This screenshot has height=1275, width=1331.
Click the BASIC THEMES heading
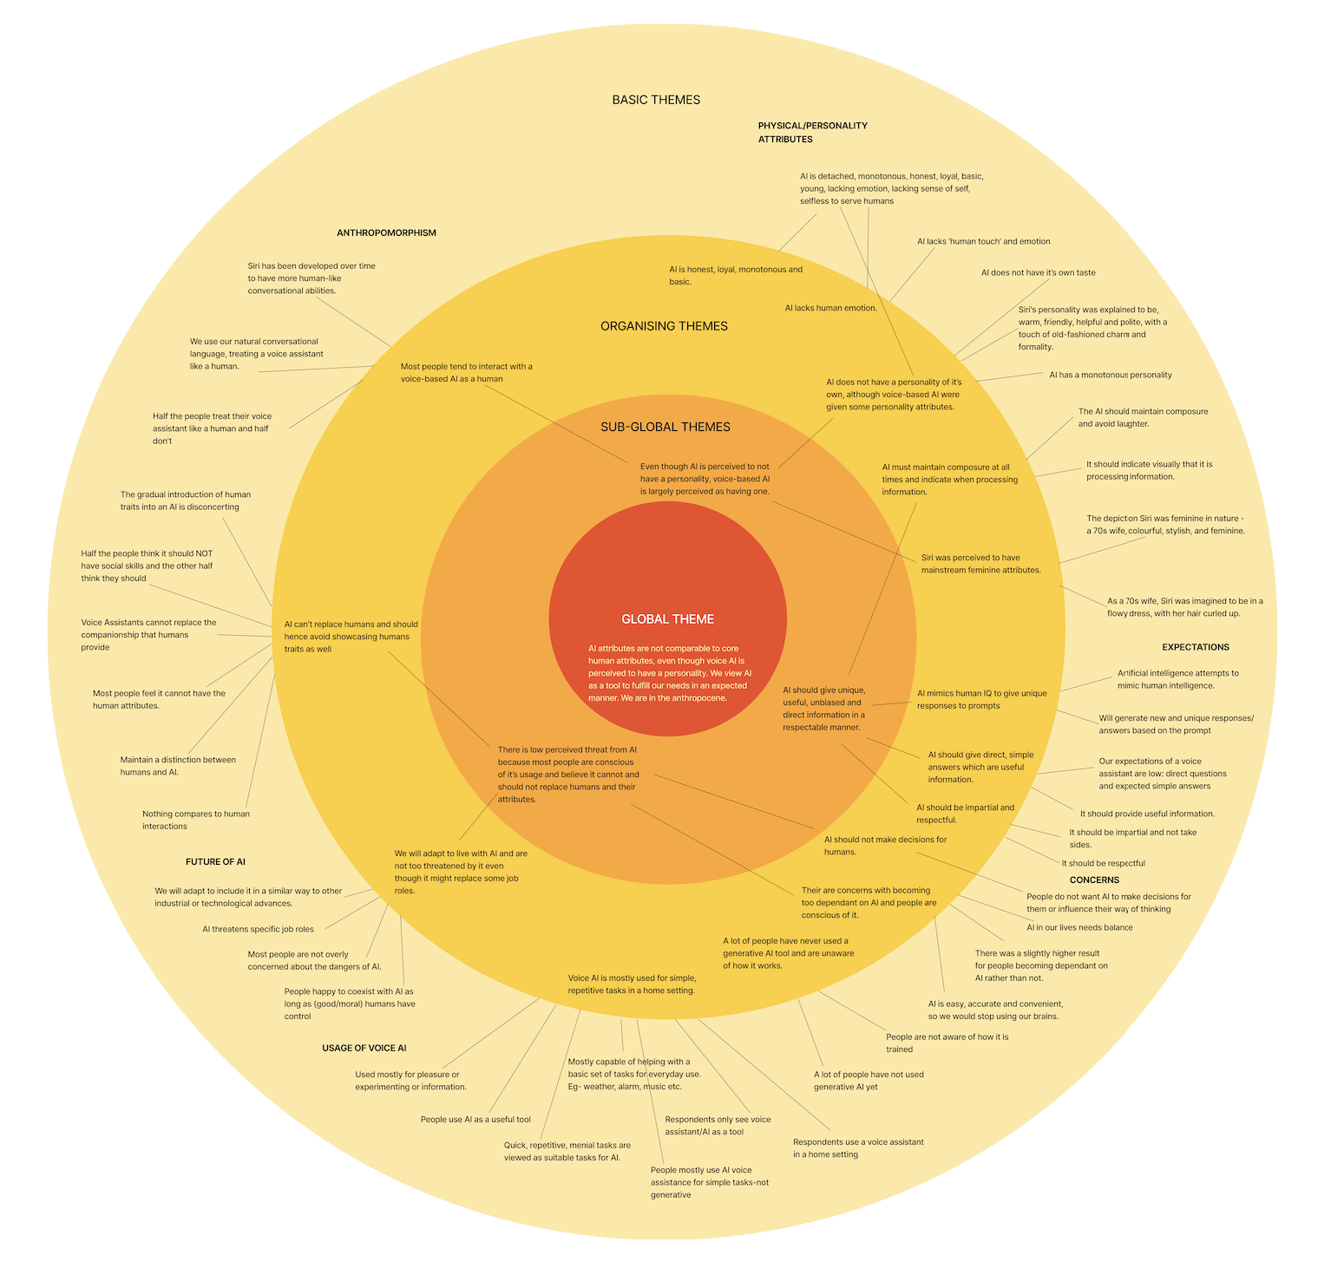point(656,100)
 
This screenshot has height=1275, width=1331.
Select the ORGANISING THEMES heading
point(664,326)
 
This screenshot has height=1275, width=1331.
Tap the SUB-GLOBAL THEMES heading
point(665,427)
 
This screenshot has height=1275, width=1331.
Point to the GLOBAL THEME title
point(667,619)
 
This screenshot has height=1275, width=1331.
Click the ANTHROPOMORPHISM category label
point(386,233)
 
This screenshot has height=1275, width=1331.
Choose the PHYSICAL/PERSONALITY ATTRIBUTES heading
point(812,132)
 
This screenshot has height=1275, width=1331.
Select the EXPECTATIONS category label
point(1195,647)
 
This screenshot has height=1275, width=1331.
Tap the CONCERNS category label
point(1094,879)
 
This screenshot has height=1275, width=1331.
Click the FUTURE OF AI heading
point(215,862)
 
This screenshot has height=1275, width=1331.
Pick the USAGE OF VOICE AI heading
point(364,1048)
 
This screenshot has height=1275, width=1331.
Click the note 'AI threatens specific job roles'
point(258,929)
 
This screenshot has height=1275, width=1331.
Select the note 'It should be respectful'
point(1103,863)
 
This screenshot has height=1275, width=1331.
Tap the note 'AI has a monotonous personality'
point(1110,375)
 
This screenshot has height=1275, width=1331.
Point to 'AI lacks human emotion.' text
point(830,308)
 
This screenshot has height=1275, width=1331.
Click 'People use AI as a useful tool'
point(475,1119)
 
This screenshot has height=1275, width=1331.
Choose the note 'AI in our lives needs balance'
point(1079,927)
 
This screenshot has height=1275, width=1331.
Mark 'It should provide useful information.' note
point(1146,814)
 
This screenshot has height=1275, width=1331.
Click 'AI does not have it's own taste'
point(1038,272)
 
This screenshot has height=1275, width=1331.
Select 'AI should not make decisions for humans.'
point(885,846)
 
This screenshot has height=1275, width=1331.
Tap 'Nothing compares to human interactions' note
point(196,820)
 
